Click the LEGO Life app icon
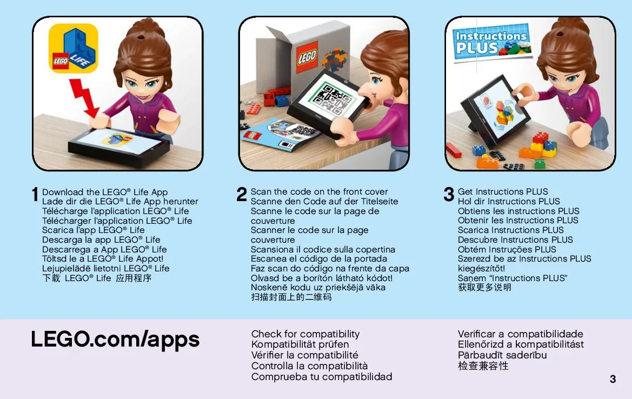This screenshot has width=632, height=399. [x=74, y=48]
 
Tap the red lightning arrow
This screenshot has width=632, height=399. [x=85, y=98]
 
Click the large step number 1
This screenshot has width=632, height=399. [x=35, y=194]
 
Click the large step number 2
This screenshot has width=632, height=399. [x=242, y=194]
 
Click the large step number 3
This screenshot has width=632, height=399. [x=449, y=194]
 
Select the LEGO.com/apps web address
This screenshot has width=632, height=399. [x=115, y=339]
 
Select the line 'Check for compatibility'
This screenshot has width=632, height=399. [x=305, y=334]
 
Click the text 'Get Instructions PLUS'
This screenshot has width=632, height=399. [x=503, y=191]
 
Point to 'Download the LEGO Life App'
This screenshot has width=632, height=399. [x=105, y=192]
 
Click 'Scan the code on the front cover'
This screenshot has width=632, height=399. [x=319, y=191]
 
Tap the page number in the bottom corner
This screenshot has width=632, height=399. [x=613, y=379]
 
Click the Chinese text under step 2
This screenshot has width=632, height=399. [x=291, y=297]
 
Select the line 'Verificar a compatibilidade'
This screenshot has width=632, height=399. [x=520, y=334]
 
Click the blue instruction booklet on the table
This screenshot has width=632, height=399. [x=278, y=135]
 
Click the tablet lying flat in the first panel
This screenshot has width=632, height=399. [x=119, y=146]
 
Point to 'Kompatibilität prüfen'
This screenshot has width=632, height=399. [x=300, y=344]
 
